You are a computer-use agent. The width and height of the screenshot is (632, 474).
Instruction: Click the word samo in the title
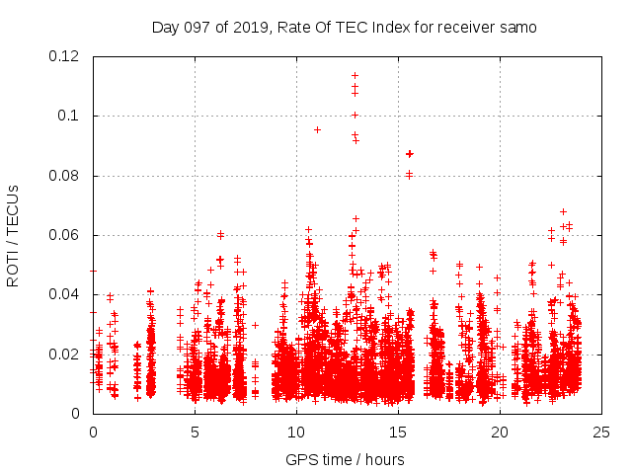[x=518, y=28]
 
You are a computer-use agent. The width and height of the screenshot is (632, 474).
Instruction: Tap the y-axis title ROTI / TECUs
[x=13, y=235]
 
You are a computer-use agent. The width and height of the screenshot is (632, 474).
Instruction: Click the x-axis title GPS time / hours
[x=345, y=459]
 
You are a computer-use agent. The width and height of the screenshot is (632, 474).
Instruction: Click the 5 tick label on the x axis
[x=195, y=432]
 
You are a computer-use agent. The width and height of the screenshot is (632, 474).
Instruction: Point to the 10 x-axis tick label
[x=296, y=432]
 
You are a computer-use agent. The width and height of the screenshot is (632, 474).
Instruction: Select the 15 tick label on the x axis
[x=398, y=432]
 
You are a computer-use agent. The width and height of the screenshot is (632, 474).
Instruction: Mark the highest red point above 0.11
[x=355, y=75]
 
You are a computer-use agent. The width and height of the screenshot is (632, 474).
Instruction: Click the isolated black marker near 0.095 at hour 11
[x=317, y=129]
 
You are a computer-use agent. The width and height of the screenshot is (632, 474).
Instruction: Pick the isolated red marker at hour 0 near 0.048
[x=93, y=271]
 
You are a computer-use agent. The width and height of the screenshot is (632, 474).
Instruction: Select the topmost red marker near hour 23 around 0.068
[x=563, y=211]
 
